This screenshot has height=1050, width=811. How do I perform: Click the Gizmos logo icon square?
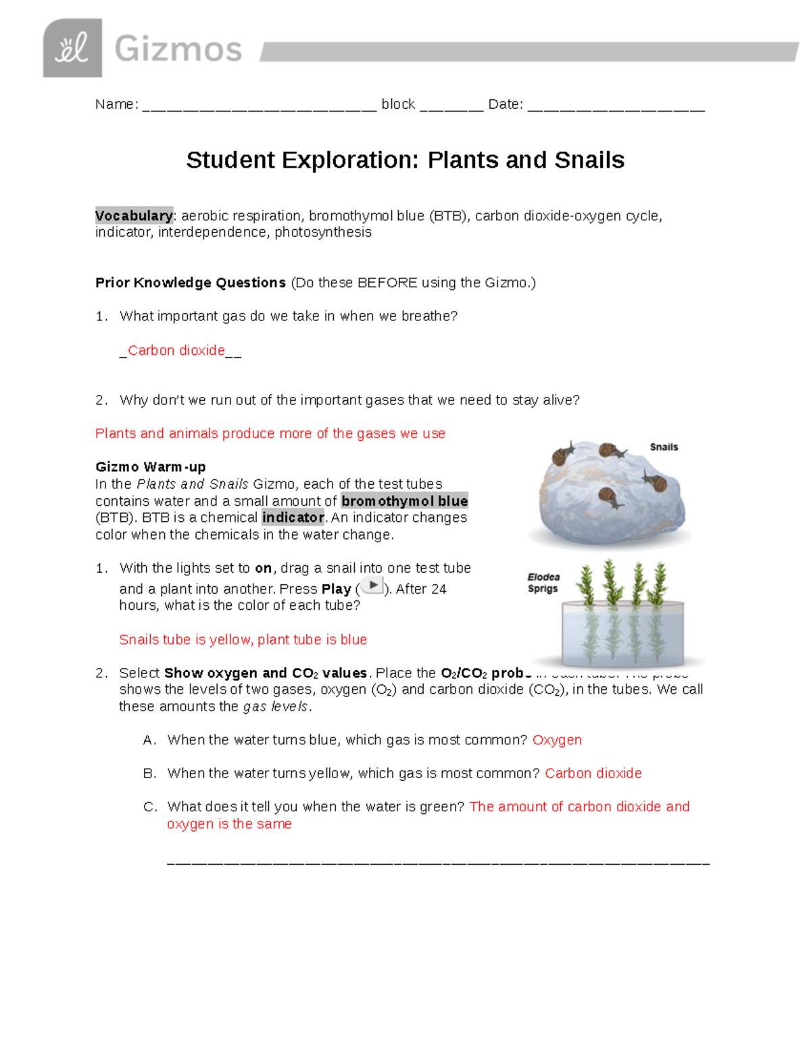click(72, 48)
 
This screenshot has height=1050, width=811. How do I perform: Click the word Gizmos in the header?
click(178, 49)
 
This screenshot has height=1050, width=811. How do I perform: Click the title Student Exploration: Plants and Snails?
click(405, 160)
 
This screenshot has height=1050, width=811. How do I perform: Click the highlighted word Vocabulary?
click(134, 216)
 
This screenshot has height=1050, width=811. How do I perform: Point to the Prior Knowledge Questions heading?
click(191, 283)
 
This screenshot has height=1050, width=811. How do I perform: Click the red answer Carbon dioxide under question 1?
click(176, 350)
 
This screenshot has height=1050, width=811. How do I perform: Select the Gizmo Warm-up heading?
click(150, 467)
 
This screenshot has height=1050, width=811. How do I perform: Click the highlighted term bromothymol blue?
click(404, 501)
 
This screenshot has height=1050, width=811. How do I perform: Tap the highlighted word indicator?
click(293, 517)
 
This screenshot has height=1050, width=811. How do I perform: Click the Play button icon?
click(372, 586)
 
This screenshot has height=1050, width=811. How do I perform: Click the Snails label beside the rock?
click(664, 447)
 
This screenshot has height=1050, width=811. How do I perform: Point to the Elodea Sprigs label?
click(543, 583)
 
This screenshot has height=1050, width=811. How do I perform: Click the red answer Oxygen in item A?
click(557, 740)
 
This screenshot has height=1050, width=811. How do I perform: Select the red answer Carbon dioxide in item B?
click(593, 773)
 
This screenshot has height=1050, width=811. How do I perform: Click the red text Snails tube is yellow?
click(185, 640)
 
